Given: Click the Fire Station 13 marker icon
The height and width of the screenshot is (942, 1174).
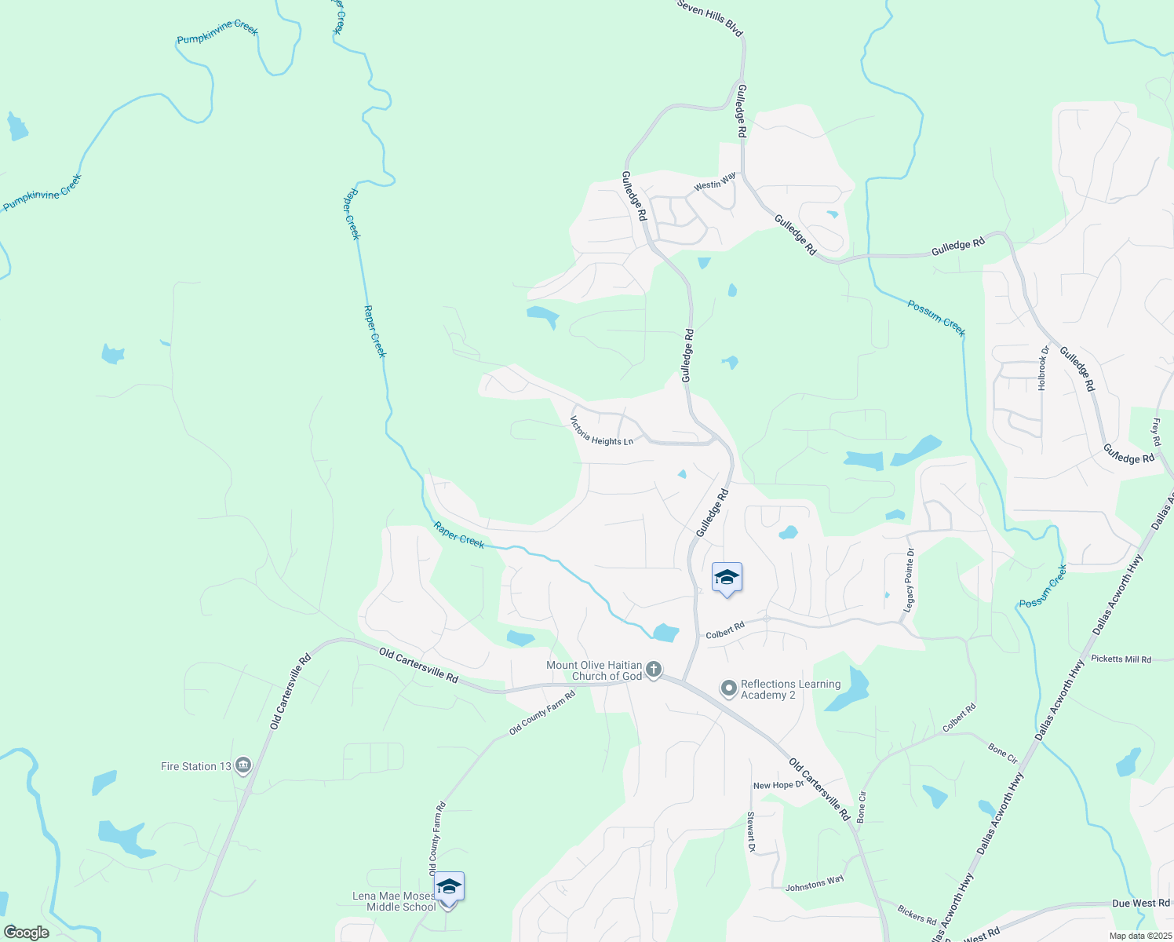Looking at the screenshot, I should click(x=243, y=765).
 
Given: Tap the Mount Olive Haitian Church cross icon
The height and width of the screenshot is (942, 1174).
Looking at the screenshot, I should click(x=653, y=670).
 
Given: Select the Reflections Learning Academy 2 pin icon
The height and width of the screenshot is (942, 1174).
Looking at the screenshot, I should click(x=729, y=688).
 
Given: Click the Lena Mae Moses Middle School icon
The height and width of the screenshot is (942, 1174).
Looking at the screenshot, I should click(x=449, y=888).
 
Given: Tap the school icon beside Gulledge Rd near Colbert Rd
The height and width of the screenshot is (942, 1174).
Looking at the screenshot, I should click(x=727, y=578).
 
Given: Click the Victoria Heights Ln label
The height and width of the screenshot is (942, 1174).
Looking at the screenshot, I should click(x=601, y=431).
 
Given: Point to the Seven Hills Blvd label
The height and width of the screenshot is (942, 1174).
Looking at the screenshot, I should click(x=709, y=17).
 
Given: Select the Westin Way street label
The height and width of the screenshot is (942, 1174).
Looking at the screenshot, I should click(x=715, y=181).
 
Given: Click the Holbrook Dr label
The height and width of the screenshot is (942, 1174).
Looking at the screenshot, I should click(x=1043, y=368).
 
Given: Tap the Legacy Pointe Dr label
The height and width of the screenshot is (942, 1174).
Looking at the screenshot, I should click(x=910, y=581).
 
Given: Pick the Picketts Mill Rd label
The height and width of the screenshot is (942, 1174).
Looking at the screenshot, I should click(x=1121, y=659).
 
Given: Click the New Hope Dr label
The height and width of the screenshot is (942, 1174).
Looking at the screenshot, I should click(x=778, y=785).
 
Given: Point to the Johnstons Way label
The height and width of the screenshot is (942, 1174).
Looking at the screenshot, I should click(x=815, y=883).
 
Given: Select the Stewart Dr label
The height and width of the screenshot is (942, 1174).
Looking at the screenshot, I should click(x=750, y=831).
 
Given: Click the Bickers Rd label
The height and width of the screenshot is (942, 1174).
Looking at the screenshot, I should click(x=917, y=915).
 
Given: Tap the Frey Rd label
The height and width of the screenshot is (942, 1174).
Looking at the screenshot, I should click(x=1156, y=433).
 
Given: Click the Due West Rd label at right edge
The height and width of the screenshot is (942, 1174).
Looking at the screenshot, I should click(x=1140, y=904).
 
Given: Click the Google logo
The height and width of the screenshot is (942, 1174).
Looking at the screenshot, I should click(x=27, y=933).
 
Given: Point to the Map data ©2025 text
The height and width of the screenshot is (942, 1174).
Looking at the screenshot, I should click(x=1139, y=936).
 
